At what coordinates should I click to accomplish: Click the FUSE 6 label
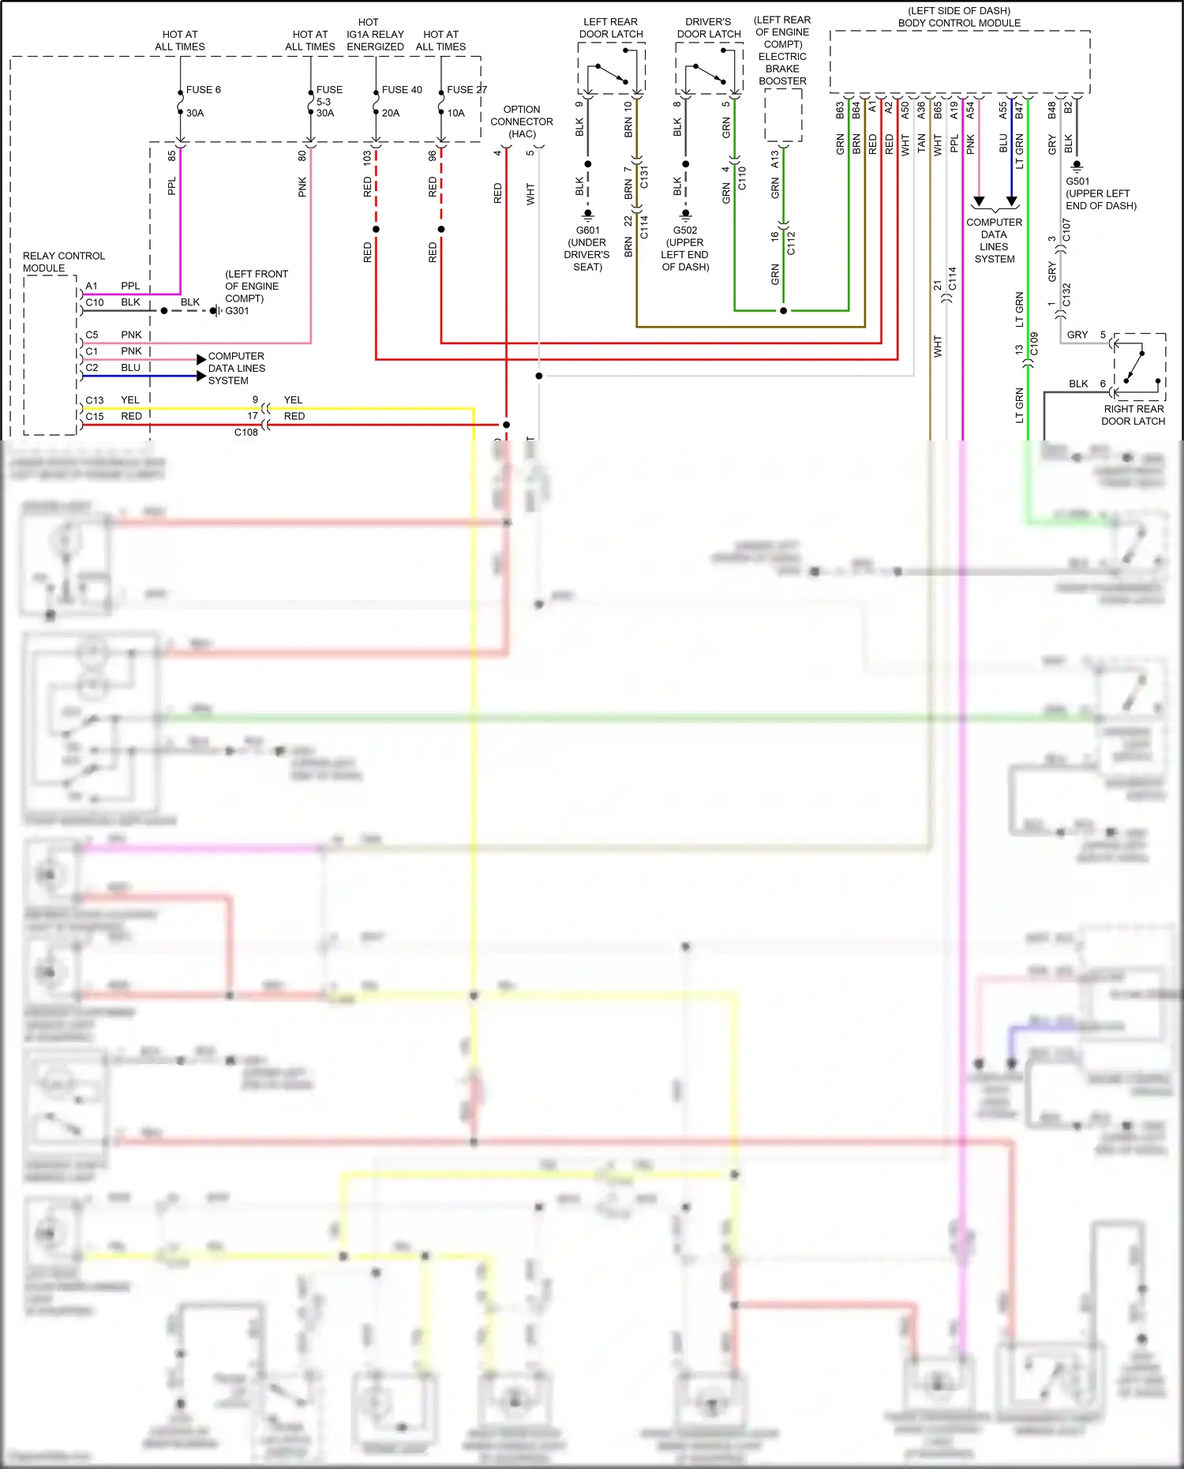coord(203,90)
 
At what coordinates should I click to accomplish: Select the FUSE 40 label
coord(402,90)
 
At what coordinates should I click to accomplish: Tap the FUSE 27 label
coord(466,90)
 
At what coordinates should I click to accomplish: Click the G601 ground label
coord(587,230)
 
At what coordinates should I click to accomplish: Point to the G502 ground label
coord(685,230)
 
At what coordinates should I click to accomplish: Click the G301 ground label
coord(237,311)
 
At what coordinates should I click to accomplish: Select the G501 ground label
coord(1077,182)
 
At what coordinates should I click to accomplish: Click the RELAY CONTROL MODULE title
coord(63,262)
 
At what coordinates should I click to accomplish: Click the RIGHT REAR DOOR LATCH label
coord(1133,415)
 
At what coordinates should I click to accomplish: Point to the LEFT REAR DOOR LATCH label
coord(611,28)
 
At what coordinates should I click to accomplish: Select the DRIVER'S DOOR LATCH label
coord(709,28)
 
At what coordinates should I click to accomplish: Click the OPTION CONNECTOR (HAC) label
coord(522,122)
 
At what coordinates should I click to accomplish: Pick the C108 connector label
coord(245,433)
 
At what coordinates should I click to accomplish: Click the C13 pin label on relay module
coord(95,400)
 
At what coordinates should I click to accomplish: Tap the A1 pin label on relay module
coord(92,287)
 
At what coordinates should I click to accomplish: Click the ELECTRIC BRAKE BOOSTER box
coord(783,115)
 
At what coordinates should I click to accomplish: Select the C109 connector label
coord(1034,343)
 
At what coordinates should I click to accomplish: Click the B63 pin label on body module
coord(840,110)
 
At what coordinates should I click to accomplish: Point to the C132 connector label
coord(1066,295)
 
